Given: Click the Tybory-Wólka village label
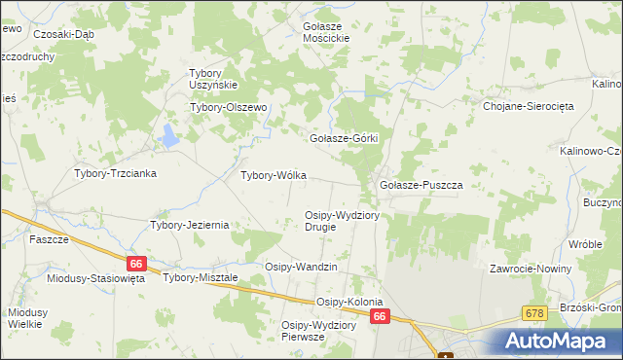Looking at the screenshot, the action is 274,176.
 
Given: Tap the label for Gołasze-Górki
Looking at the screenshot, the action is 343,139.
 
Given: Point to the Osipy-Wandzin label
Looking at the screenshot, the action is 301,267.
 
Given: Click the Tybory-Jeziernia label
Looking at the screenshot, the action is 189,225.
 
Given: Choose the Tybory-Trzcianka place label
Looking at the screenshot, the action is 116,173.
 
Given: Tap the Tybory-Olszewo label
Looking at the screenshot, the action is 228,108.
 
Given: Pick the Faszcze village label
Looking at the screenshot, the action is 48,239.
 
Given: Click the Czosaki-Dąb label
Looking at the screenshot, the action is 63,33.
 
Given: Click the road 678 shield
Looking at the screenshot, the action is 533,312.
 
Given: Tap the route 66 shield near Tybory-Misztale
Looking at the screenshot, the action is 136,263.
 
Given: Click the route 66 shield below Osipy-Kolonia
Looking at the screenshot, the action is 381,316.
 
